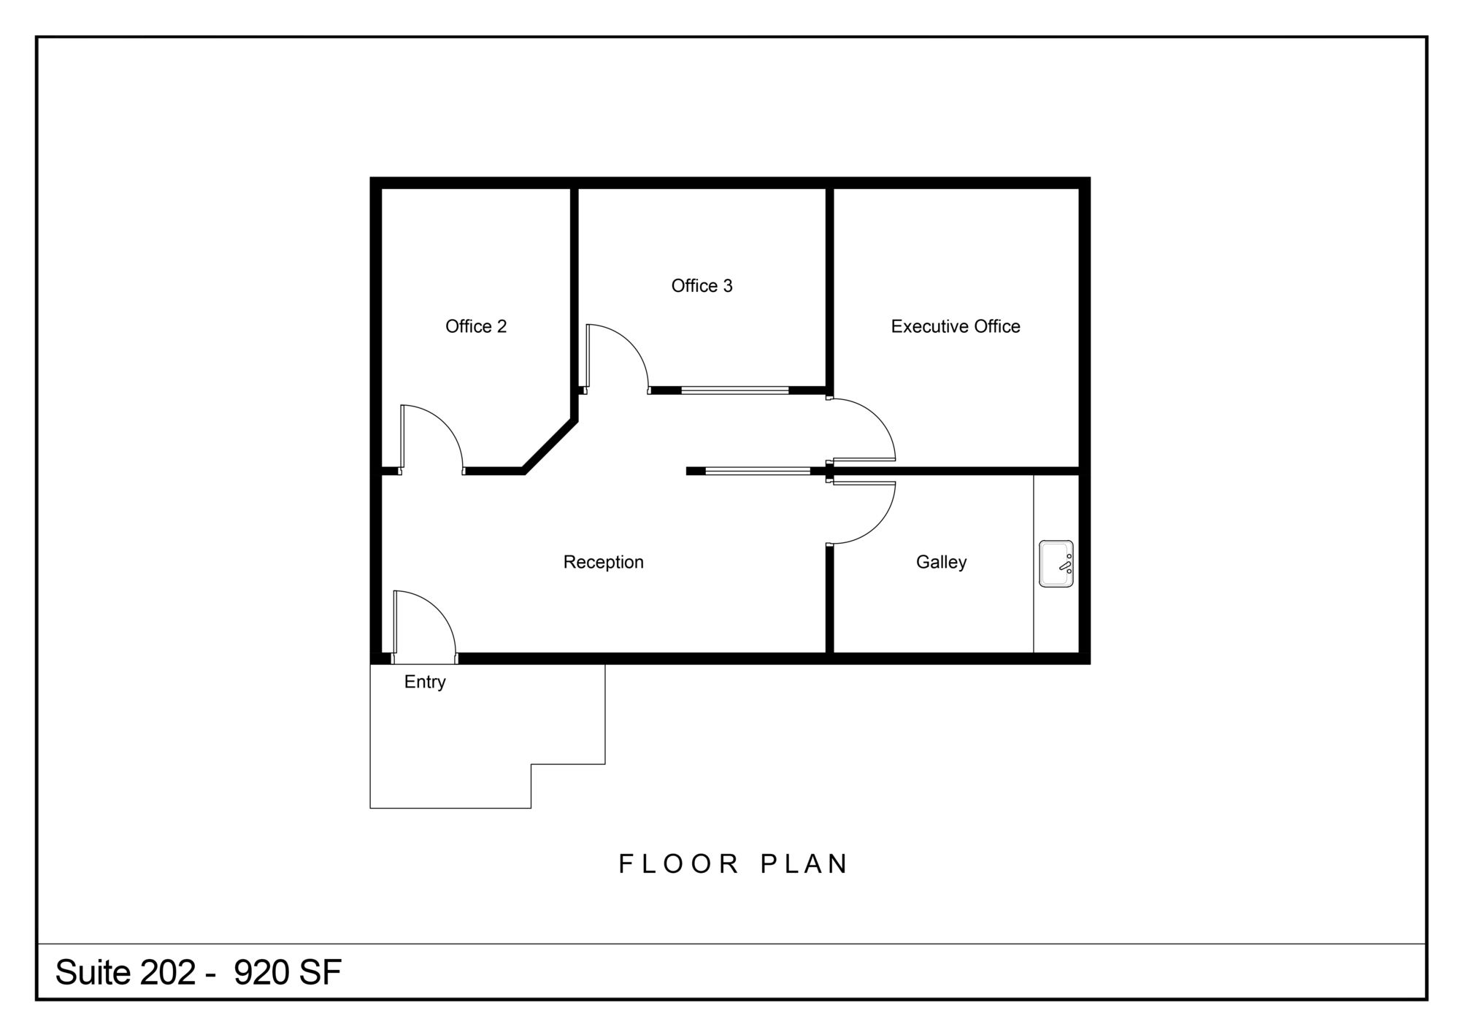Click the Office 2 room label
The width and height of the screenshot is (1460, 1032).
476,326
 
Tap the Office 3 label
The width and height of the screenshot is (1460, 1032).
702,286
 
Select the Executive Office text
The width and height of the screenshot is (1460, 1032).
956,326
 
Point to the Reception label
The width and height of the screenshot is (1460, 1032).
603,562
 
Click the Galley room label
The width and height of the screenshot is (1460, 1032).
941,562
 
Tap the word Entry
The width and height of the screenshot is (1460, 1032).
425,682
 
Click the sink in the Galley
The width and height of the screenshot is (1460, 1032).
1056,563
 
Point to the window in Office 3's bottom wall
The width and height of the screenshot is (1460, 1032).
735,390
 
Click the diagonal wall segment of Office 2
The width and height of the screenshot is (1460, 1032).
550,447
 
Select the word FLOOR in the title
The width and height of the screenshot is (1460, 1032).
679,864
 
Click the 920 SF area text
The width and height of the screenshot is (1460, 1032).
288,972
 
